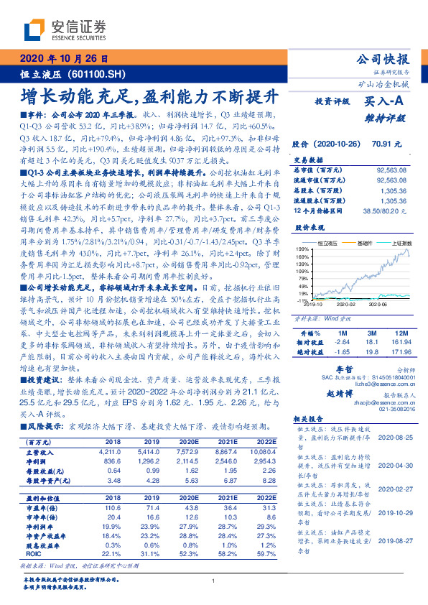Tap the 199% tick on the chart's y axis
(x=302, y=249)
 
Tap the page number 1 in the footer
(x=214, y=581)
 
